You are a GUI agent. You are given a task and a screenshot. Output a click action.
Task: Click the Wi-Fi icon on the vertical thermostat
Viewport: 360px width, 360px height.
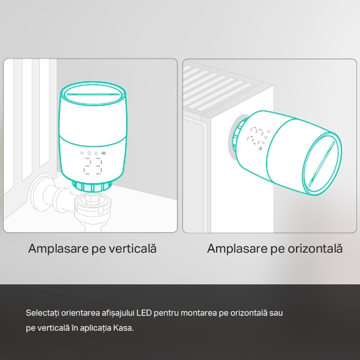point(82,153)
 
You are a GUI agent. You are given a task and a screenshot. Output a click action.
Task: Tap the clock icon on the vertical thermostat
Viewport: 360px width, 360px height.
point(89,153)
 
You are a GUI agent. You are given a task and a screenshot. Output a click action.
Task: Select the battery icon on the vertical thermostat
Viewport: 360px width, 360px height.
point(104,153)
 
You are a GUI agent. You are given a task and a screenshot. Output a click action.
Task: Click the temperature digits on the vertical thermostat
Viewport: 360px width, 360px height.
point(93,166)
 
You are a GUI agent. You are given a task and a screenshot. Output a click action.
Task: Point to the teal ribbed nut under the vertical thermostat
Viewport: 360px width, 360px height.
point(92,186)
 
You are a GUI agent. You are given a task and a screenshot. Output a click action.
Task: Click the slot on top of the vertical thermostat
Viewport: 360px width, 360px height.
point(93,94)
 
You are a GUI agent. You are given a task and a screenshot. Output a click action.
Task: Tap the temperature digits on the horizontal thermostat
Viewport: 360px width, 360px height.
point(255,135)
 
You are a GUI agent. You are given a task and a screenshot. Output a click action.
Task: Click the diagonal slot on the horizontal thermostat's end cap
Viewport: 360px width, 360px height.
point(322,164)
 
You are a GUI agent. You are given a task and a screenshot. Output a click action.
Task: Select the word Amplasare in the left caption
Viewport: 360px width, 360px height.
point(59,249)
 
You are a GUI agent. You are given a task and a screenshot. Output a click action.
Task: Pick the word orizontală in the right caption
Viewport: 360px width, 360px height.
point(315,248)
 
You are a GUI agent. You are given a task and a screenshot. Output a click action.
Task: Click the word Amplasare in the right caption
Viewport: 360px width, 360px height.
point(237,249)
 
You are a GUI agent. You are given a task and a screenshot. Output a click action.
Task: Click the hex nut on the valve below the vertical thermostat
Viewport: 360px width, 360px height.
point(92,198)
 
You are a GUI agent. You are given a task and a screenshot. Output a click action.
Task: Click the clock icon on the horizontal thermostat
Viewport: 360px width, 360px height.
point(265,137)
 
